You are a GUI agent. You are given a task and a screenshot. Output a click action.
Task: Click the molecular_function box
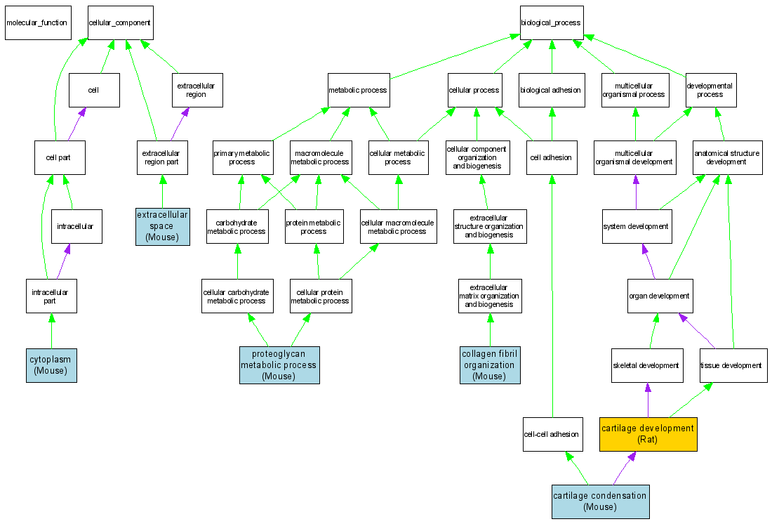click(36, 22)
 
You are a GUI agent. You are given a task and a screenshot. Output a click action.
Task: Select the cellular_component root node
click(119, 22)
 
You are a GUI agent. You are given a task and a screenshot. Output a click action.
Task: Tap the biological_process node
click(551, 22)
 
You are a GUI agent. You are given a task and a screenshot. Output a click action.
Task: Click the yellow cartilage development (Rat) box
click(648, 433)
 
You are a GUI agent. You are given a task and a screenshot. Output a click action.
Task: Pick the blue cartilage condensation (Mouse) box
click(599, 502)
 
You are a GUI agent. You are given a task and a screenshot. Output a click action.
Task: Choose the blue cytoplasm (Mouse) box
click(51, 365)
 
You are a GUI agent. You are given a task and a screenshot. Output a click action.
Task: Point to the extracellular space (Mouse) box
click(162, 226)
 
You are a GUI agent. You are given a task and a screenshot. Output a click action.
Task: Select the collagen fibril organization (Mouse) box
click(490, 365)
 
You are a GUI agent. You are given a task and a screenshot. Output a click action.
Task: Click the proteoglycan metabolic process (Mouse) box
click(279, 365)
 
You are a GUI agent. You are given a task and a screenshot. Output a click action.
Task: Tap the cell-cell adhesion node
click(552, 433)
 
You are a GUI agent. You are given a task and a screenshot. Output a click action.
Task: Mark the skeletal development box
click(647, 365)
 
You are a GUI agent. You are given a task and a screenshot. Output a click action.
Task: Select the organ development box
click(659, 296)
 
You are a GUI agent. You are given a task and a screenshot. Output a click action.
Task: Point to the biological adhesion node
click(551, 90)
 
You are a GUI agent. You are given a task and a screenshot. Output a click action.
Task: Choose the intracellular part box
click(51, 296)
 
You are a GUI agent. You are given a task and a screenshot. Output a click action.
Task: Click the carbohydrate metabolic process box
click(237, 226)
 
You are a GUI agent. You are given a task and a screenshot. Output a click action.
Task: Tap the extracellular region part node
click(162, 157)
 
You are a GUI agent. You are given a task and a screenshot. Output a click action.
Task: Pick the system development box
click(636, 226)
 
